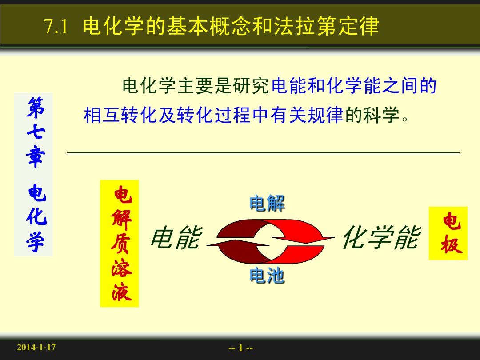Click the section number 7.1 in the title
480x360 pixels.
point(56,26)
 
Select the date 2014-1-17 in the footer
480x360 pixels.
point(36,347)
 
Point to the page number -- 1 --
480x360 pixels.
point(240,348)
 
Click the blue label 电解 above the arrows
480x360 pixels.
point(267,203)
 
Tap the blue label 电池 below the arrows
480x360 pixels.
point(267,275)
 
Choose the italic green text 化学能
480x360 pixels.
point(382,237)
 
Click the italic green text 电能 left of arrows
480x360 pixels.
point(176,237)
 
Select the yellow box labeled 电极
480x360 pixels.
point(448,233)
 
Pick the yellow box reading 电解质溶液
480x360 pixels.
point(120,244)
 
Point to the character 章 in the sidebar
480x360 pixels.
point(36,158)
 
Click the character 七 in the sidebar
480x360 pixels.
point(36,132)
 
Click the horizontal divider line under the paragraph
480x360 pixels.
point(263,152)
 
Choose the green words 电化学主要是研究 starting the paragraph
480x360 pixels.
point(196,86)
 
